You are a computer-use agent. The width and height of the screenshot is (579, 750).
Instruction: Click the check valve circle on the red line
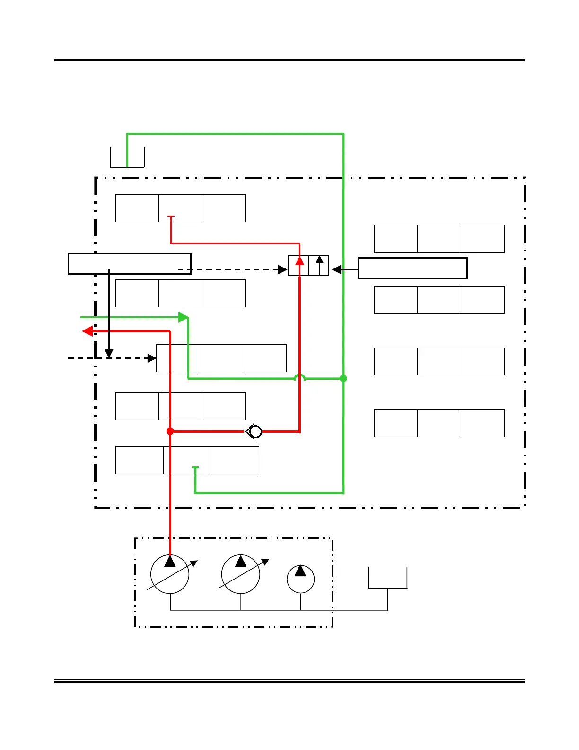[255, 431]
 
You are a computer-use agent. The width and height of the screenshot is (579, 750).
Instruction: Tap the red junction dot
[170, 431]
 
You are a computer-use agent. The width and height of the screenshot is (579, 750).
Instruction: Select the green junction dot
[343, 378]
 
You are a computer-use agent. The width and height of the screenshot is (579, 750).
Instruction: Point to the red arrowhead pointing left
[87, 331]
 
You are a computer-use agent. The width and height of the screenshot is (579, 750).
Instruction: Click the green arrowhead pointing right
[184, 317]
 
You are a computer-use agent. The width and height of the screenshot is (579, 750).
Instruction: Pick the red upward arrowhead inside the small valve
[299, 260]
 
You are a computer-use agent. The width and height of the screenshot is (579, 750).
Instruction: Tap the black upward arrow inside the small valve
[320, 260]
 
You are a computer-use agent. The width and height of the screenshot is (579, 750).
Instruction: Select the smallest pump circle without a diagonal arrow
[300, 579]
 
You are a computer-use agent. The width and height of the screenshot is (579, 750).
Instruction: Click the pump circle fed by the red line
[170, 574]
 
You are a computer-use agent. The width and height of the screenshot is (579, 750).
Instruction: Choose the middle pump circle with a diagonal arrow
[241, 574]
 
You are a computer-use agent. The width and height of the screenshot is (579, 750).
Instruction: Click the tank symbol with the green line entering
[127, 157]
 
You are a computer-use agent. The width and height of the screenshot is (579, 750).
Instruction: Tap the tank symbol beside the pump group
[388, 578]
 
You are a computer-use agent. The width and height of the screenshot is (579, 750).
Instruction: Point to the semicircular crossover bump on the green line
[299, 377]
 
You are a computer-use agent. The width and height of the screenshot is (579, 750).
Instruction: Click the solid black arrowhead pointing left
[337, 269]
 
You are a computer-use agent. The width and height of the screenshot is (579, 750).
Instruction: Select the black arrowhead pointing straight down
[109, 353]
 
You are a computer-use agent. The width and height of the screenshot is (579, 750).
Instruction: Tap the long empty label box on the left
[129, 264]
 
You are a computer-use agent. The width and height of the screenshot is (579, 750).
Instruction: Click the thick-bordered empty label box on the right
[412, 268]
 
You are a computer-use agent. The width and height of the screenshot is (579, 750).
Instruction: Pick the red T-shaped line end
[171, 217]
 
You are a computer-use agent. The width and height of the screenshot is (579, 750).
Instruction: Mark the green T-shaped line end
[195, 468]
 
